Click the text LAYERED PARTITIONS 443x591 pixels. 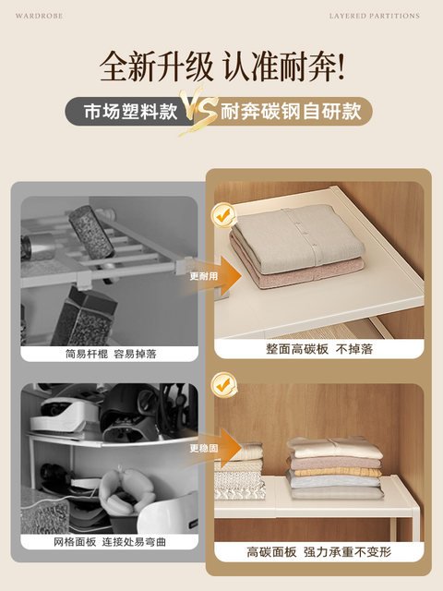pos(374,16)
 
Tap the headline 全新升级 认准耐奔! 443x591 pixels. pos(221,66)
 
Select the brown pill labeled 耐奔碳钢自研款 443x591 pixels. pos(294,113)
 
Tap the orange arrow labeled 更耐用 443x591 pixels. pos(216,276)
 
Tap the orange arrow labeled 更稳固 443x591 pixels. pos(216,445)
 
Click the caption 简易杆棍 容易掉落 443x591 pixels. pos(110,353)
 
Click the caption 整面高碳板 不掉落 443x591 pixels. pos(319,350)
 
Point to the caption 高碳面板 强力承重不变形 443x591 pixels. pos(319,551)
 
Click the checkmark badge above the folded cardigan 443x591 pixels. pos(223,215)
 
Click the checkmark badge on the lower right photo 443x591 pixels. pos(223,384)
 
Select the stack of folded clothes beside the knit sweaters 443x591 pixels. pos(334,467)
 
